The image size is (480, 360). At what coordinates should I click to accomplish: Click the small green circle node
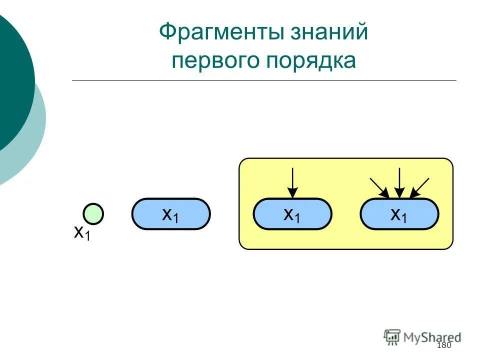(93, 214)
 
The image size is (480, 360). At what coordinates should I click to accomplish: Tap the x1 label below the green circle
(82, 233)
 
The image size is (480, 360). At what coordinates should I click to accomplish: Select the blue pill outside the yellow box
(171, 214)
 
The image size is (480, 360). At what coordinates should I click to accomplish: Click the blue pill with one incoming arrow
(292, 214)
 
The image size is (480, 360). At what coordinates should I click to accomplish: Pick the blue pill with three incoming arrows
(399, 214)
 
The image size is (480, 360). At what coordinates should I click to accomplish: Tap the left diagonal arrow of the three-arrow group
(379, 187)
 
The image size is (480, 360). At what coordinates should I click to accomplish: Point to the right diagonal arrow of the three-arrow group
(419, 187)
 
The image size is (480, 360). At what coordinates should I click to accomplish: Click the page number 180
(444, 346)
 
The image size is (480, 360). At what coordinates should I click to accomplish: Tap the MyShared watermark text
(432, 337)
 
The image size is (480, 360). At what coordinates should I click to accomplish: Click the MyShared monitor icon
(392, 336)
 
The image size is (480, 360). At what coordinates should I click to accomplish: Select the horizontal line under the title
(264, 80)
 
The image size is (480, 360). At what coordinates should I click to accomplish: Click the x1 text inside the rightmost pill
(399, 215)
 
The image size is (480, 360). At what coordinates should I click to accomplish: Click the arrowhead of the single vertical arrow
(292, 192)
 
